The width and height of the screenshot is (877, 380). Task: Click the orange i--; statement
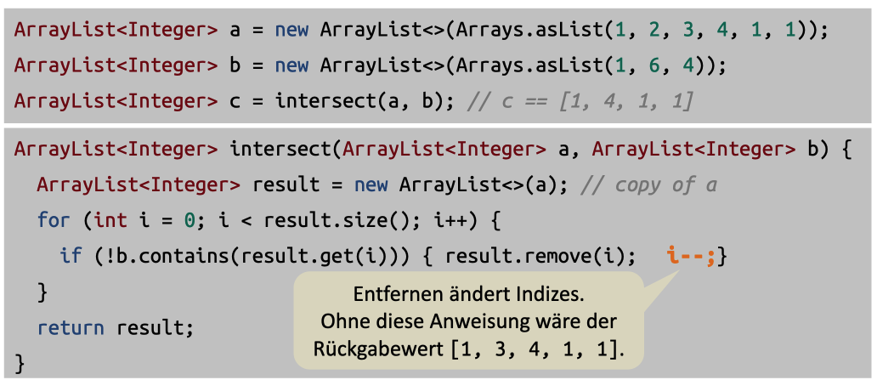pyautogui.click(x=693, y=255)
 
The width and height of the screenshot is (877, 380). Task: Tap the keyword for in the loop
pyautogui.click(x=54, y=220)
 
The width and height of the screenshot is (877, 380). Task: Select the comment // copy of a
pyautogui.click(x=650, y=184)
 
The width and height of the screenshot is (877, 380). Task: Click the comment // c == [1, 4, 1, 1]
pyautogui.click(x=580, y=101)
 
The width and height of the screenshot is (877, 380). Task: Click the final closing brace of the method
pyautogui.click(x=20, y=362)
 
